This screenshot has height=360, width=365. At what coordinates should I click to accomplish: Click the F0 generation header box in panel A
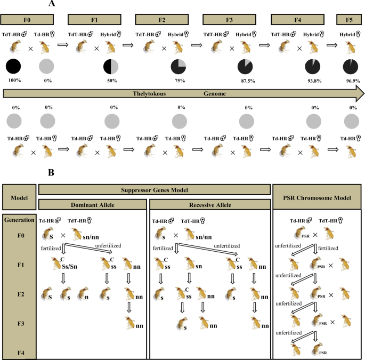pos(28,20)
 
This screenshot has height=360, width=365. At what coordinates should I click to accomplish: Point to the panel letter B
pos(52,173)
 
